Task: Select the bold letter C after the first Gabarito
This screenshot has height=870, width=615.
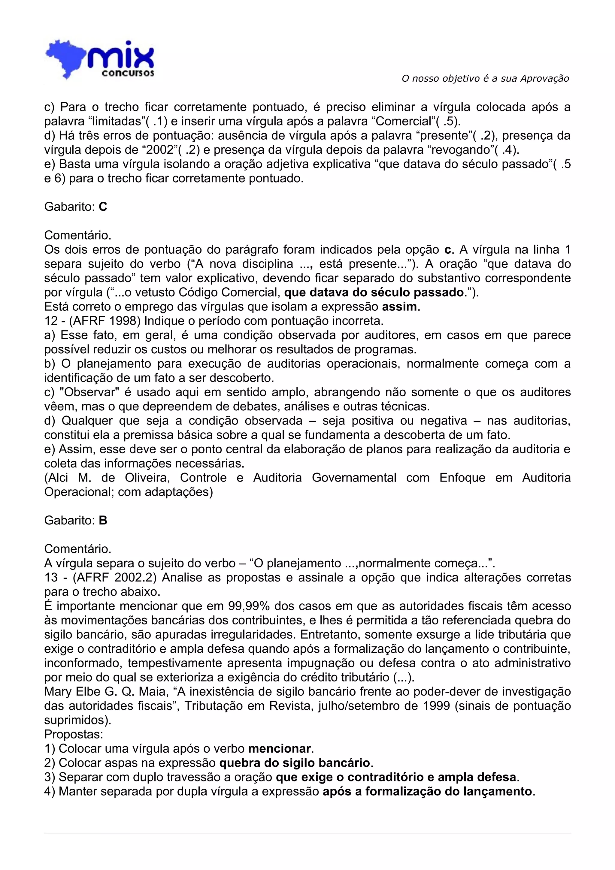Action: click(x=103, y=207)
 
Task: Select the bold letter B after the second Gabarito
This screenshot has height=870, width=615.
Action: click(x=103, y=520)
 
